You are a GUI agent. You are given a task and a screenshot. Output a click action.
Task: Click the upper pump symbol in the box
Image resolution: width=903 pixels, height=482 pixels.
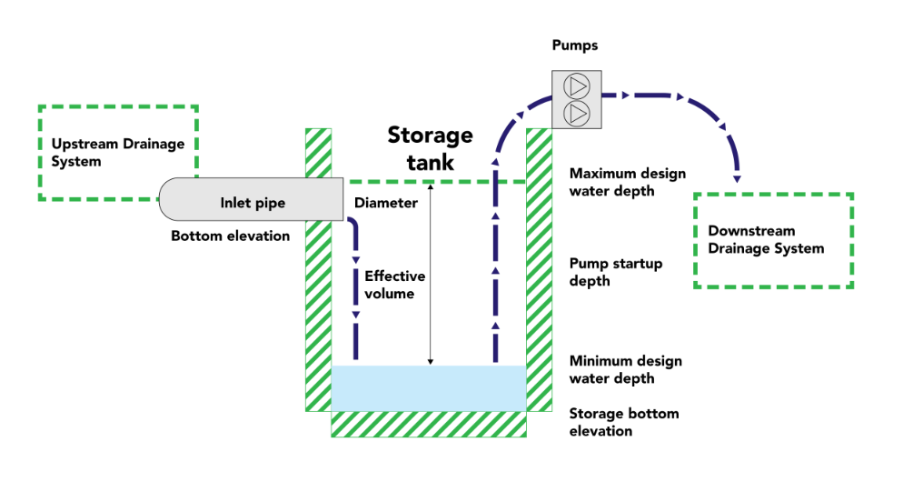(x=576, y=86)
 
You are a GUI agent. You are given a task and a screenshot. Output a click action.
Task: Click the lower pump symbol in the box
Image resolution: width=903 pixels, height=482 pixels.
(x=576, y=113)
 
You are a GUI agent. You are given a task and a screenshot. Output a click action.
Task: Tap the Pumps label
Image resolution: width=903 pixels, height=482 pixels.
(x=575, y=45)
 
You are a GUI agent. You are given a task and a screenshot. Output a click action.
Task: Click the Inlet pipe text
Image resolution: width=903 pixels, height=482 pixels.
(x=253, y=203)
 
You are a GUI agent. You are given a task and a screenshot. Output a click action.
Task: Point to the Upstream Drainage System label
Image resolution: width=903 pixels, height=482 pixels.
(x=117, y=153)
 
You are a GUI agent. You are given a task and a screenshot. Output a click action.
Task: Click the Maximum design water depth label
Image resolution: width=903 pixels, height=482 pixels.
(x=627, y=182)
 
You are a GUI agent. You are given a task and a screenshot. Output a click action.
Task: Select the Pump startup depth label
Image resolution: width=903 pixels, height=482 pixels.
(x=615, y=272)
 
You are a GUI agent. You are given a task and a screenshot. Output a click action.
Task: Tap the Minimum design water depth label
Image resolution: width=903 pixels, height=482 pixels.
(x=625, y=369)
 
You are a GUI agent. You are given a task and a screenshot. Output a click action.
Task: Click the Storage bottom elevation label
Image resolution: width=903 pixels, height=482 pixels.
(x=623, y=422)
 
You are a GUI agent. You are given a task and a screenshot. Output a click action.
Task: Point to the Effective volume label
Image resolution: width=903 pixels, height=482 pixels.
(x=394, y=285)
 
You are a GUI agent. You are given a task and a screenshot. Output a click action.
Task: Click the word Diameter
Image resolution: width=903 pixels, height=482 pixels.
(x=386, y=203)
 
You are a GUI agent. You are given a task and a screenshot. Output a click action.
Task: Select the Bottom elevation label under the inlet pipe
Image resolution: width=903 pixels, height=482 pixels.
(x=231, y=236)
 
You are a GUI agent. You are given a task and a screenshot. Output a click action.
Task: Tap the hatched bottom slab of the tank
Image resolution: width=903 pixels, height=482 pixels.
(x=428, y=424)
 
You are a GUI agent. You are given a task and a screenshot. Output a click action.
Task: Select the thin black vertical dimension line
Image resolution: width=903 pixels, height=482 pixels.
(x=431, y=273)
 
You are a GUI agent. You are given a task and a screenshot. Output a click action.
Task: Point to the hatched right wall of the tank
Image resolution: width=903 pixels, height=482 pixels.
(x=540, y=273)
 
